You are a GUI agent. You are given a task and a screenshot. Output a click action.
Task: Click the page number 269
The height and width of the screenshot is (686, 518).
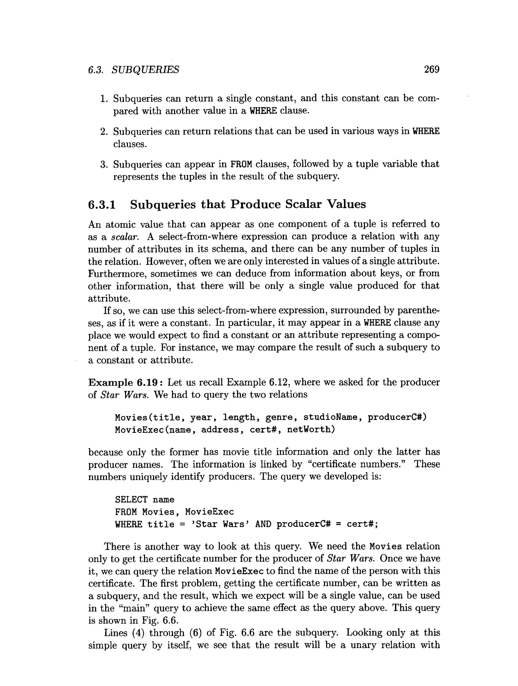click(431, 69)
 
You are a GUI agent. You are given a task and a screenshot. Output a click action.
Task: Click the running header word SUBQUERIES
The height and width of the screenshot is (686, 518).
click(145, 70)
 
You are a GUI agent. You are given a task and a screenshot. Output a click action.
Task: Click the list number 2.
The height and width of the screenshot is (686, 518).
click(104, 131)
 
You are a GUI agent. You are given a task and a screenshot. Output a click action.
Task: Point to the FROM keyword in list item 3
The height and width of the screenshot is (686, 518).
click(241, 164)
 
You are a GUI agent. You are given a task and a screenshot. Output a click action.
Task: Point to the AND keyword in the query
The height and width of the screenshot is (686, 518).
click(263, 524)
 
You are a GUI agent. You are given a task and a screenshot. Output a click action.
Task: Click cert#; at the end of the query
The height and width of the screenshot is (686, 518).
click(362, 524)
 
